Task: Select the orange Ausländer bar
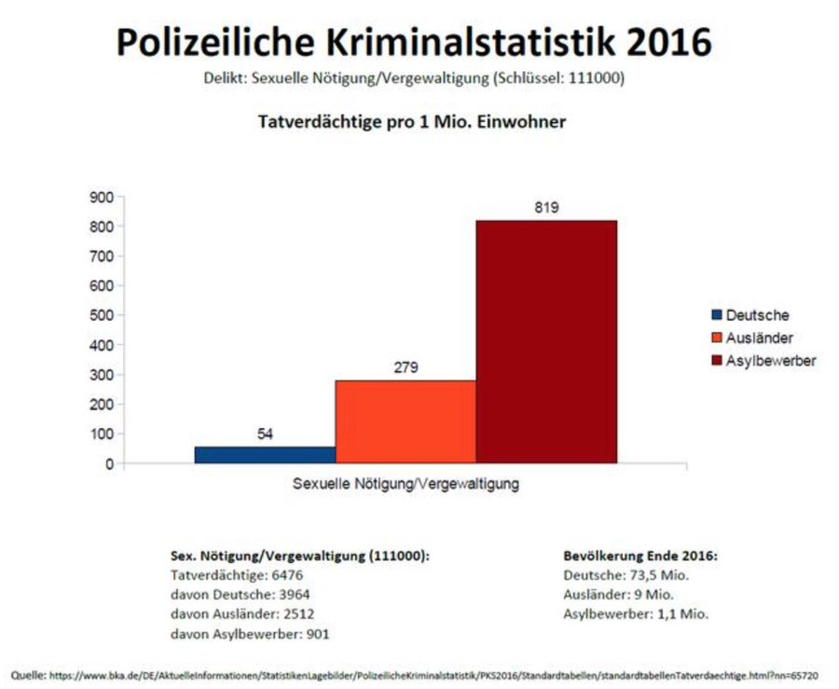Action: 406,421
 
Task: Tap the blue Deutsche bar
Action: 265,454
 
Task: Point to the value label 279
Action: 406,367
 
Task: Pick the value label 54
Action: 265,434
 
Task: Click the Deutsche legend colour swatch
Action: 716,315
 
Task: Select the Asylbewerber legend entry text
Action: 771,361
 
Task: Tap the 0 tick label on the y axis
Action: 108,463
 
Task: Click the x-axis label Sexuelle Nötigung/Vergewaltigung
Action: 406,485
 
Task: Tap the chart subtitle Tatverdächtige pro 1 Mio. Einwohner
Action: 411,121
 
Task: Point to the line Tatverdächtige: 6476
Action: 225,575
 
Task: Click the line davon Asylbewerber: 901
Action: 250,634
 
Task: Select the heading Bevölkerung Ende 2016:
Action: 640,555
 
